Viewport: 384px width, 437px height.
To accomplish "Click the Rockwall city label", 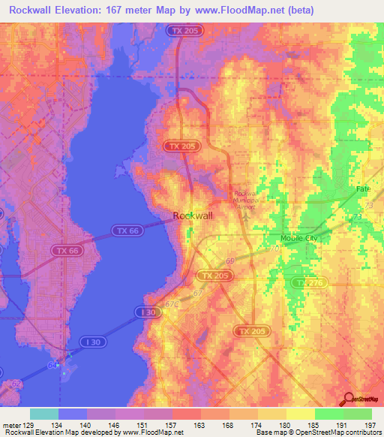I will pyautogui.click(x=193, y=215).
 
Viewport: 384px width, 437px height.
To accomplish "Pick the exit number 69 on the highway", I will pyautogui.click(x=229, y=260).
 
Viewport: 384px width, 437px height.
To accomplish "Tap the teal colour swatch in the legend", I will pyautogui.click(x=44, y=414).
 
